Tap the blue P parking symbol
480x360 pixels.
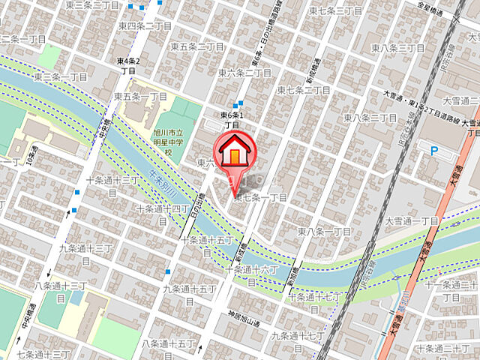(x=434, y=151)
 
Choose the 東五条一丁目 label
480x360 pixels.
(x=140, y=97)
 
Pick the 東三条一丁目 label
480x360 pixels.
(x=61, y=76)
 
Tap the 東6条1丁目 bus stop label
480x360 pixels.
(x=234, y=120)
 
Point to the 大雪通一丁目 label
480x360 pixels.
(x=411, y=221)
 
